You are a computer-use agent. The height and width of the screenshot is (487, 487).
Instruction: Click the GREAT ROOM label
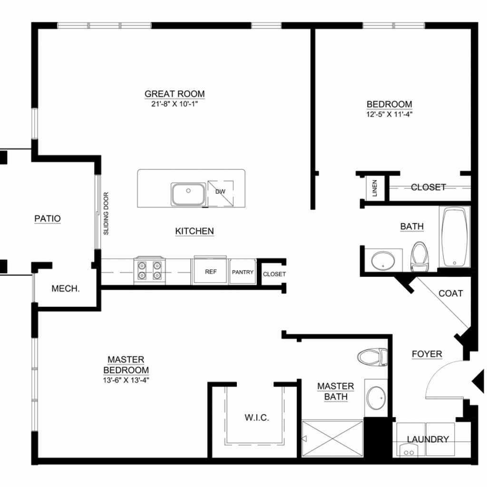[175, 94]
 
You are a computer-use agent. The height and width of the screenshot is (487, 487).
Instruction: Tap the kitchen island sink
[188, 194]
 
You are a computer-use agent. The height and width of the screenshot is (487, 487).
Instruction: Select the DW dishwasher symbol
[221, 193]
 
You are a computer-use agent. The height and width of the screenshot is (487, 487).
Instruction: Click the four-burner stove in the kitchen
[149, 271]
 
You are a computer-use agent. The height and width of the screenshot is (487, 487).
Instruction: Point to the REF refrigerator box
[211, 271]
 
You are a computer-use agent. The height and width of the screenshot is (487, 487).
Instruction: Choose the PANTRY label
[243, 272]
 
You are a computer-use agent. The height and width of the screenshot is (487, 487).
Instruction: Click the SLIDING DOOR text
[106, 214]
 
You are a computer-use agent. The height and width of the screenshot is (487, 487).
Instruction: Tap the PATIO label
[48, 219]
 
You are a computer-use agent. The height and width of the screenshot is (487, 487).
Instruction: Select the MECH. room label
[66, 289]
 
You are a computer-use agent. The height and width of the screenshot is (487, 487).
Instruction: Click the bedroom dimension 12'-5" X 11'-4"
[389, 114]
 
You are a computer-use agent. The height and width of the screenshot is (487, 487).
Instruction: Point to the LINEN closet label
[375, 188]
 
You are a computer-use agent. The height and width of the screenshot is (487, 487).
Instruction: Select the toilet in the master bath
[372, 357]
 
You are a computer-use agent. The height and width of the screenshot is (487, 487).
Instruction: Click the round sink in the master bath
[376, 398]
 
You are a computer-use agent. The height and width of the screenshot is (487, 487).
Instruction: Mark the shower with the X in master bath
[332, 438]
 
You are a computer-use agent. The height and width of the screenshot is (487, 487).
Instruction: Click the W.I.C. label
[256, 418]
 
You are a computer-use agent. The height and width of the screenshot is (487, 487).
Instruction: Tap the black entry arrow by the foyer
[478, 381]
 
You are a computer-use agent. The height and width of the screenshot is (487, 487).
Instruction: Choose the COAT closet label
[451, 293]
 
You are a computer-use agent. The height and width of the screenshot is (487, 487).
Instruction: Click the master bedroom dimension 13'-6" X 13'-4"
[126, 380]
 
